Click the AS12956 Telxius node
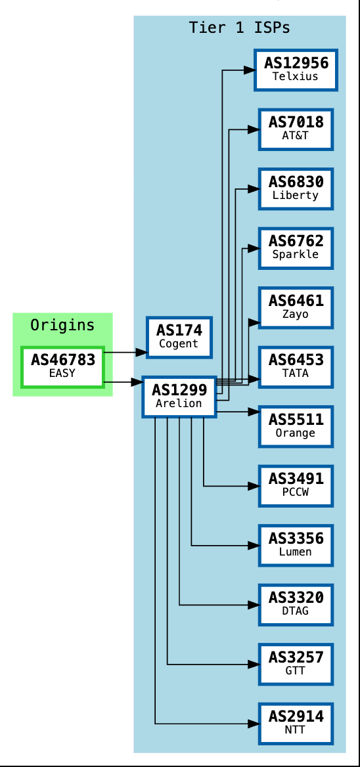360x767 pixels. [x=296, y=70]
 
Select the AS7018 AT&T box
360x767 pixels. [x=296, y=129]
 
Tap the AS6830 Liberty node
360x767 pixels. [x=296, y=188]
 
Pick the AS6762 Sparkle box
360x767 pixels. [x=296, y=248]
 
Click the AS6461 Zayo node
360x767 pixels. [x=296, y=307]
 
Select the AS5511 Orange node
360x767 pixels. [x=296, y=426]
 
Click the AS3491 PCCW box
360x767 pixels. [x=296, y=486]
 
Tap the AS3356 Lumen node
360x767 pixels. [x=296, y=545]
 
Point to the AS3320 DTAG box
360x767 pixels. [x=296, y=605]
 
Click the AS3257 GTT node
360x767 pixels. [x=296, y=664]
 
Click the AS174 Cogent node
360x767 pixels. [x=179, y=337]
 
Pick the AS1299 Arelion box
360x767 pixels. [x=179, y=397]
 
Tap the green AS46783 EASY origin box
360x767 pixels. [x=63, y=367]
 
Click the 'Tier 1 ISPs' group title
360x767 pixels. [x=239, y=28]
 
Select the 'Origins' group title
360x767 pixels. [x=62, y=325]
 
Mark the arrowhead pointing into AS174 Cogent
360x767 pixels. [x=141, y=353]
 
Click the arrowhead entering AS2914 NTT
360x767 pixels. [x=253, y=724]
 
